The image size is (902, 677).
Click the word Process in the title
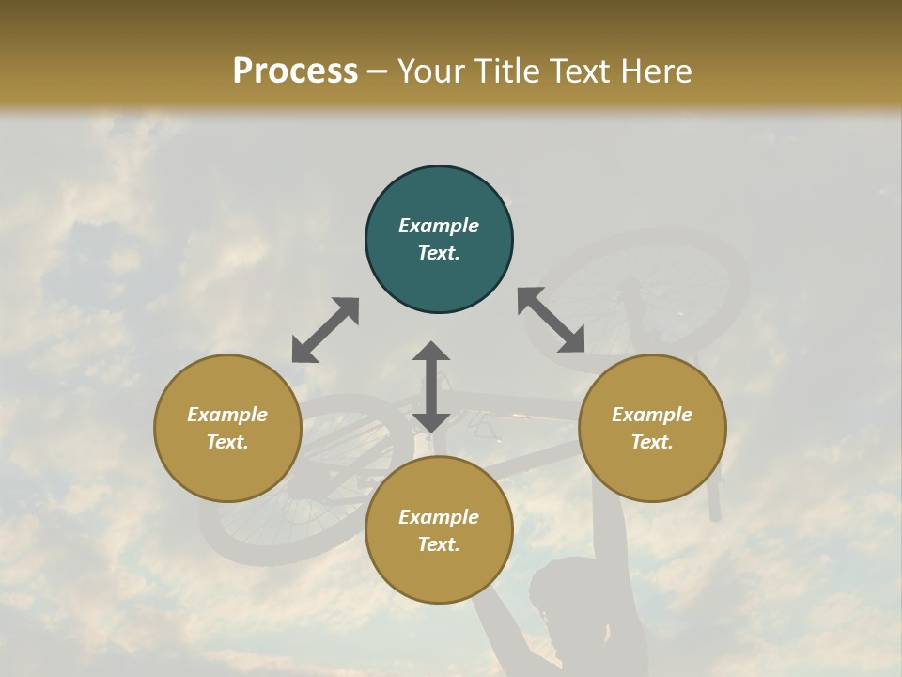[x=295, y=71]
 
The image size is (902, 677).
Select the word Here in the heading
[x=654, y=71]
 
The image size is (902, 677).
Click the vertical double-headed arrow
[x=431, y=386]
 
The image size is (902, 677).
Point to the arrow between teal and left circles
[x=325, y=330]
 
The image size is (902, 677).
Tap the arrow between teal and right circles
[x=551, y=320]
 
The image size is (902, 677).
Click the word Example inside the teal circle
[x=439, y=226]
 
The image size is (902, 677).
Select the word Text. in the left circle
[x=227, y=442]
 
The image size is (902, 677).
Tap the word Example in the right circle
[x=652, y=415]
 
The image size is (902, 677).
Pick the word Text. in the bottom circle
[x=439, y=544]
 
